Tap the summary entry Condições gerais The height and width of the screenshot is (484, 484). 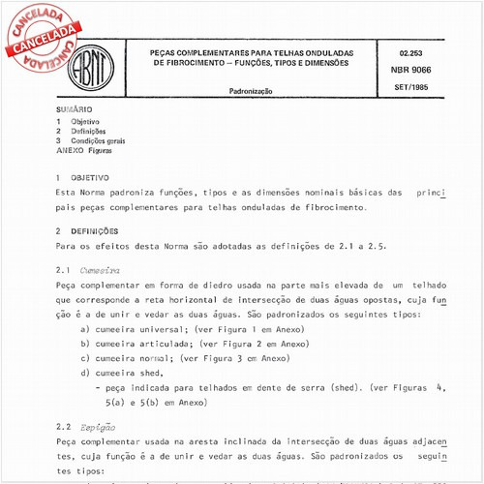[x=99, y=141]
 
